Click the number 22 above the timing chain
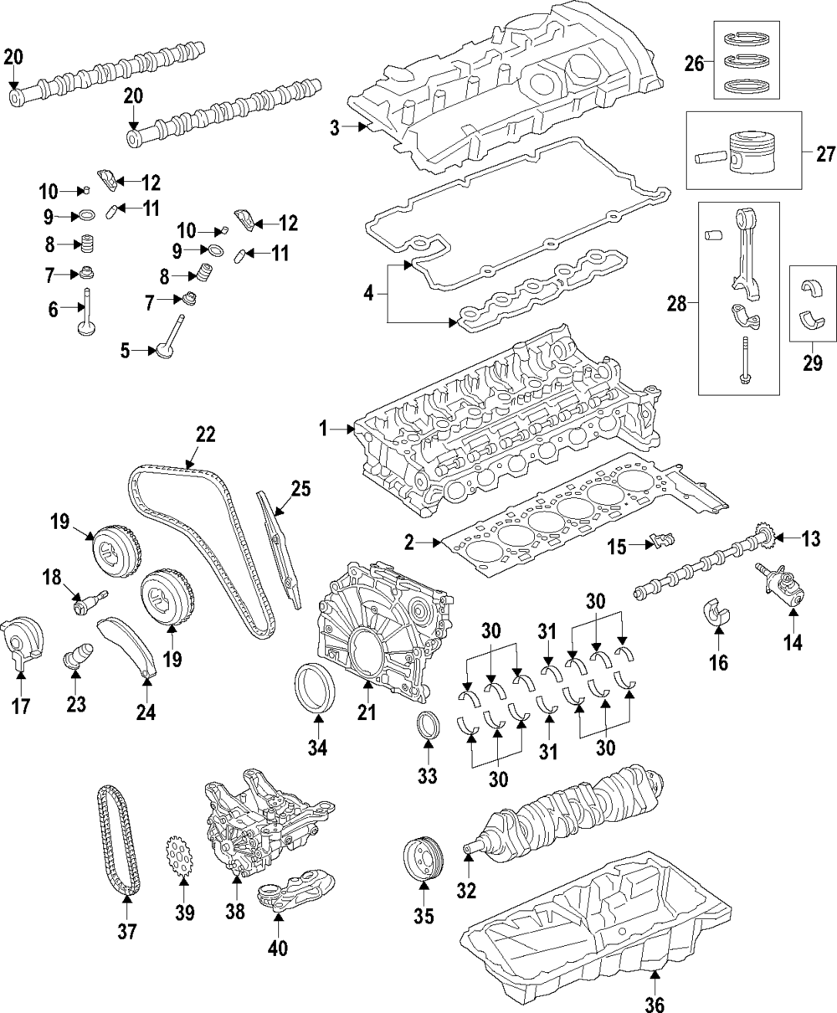[205, 435]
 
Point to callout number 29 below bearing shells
[812, 363]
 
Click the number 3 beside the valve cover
[334, 128]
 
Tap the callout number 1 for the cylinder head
[323, 429]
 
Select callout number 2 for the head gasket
[409, 543]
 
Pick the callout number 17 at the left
[21, 706]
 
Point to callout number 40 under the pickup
[278, 948]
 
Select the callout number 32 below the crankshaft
[465, 890]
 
